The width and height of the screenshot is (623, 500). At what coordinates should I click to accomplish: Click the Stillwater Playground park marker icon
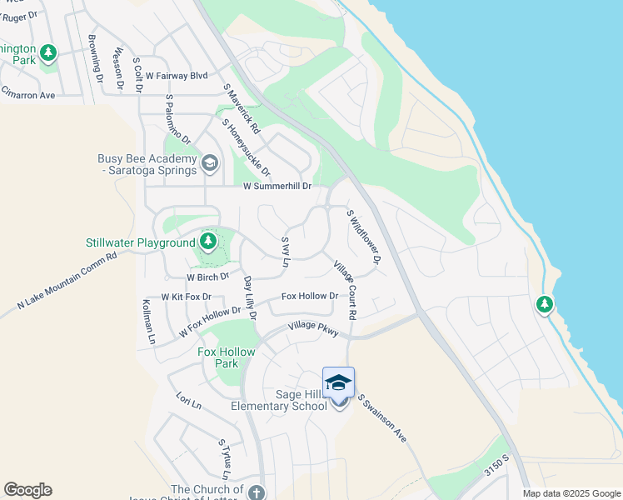(208, 242)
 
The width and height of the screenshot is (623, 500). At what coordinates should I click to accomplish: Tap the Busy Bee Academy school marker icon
(210, 162)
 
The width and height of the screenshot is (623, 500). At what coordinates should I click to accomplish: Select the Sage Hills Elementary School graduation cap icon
(338, 382)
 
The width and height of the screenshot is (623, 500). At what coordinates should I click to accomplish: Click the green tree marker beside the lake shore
(545, 304)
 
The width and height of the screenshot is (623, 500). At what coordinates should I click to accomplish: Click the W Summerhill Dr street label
(277, 187)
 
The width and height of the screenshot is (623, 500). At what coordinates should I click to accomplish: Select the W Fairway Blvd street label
(176, 75)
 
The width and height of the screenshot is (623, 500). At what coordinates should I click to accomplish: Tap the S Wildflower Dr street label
(364, 238)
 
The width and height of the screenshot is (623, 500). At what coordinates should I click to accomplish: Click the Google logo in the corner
(27, 490)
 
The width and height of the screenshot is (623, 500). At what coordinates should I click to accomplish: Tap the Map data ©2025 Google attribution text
(571, 493)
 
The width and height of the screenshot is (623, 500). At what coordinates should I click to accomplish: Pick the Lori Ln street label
(189, 402)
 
